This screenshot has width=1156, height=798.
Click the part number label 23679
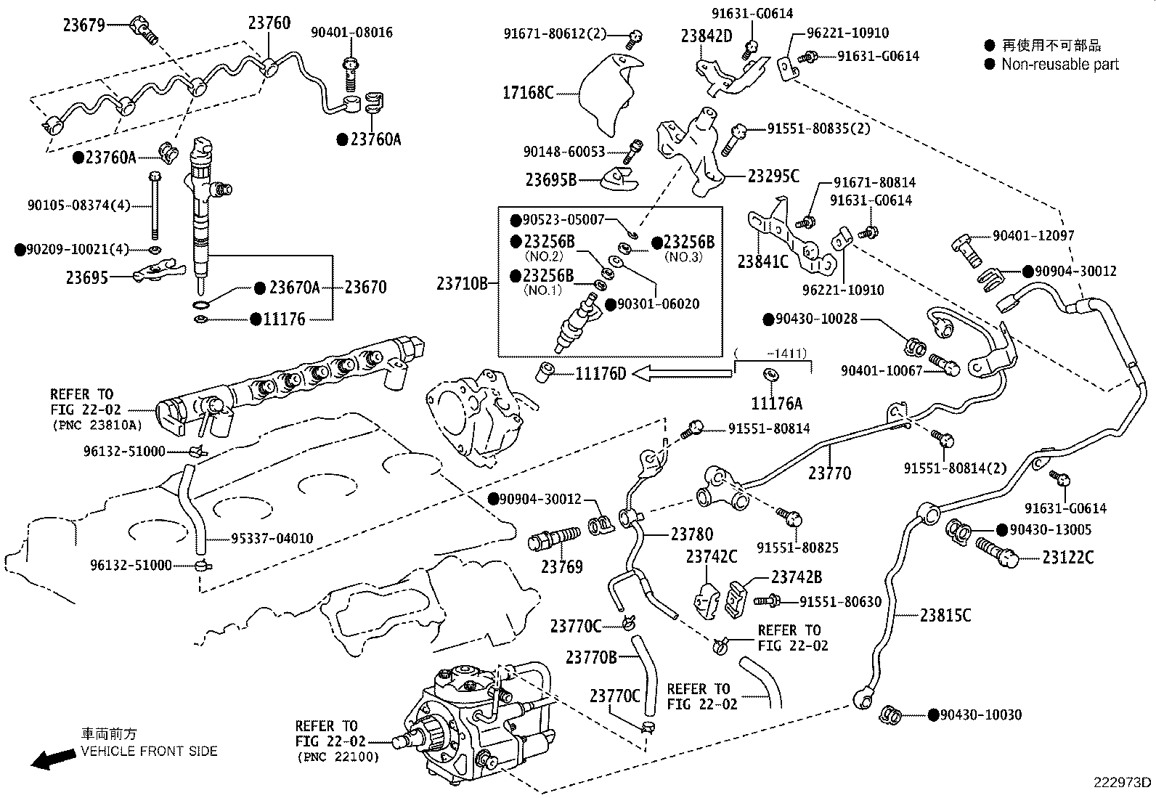(x=84, y=25)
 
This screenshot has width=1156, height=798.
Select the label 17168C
(x=528, y=92)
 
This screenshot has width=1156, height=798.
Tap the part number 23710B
(x=463, y=284)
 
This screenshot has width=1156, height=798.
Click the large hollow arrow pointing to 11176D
(x=683, y=373)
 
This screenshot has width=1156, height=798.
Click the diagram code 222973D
(x=1123, y=782)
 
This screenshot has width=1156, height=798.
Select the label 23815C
(x=945, y=615)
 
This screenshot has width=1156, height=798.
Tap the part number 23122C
(x=1067, y=558)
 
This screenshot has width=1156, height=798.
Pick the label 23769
(x=561, y=566)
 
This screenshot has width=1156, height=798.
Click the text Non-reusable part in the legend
(x=1059, y=64)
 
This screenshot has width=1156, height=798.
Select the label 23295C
(x=773, y=176)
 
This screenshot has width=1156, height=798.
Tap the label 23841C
(x=762, y=261)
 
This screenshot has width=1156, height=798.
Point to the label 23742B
(x=797, y=577)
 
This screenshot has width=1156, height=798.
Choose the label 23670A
(x=294, y=288)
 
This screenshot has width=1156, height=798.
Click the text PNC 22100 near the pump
(x=338, y=756)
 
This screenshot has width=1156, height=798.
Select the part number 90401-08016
(x=351, y=33)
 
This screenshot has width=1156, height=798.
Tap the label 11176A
(x=777, y=403)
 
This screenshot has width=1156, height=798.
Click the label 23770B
(x=591, y=658)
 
